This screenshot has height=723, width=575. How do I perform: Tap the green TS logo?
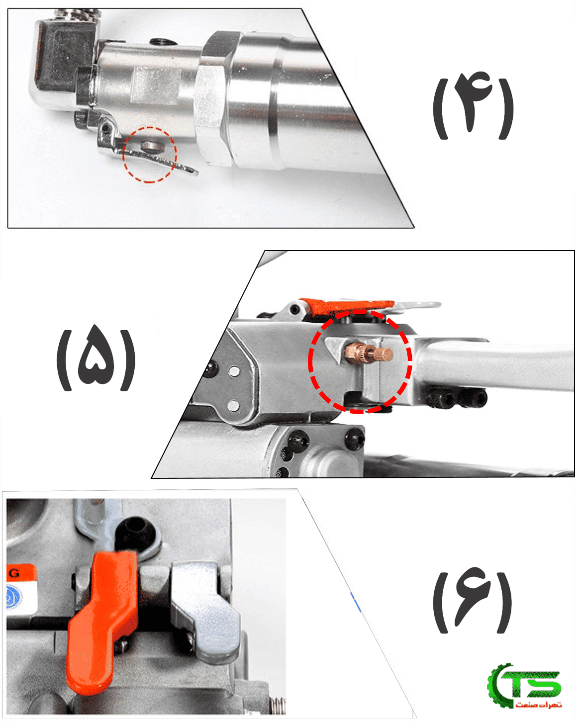tap(524, 684)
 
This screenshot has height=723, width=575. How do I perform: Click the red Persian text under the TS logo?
tap(538, 705)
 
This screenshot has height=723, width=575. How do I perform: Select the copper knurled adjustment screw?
tap(369, 353)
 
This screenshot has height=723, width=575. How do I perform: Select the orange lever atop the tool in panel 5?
tap(346, 306)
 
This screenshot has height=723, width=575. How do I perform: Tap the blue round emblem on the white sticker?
tap(13, 597)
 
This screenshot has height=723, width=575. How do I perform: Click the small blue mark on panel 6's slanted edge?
tap(356, 602)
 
